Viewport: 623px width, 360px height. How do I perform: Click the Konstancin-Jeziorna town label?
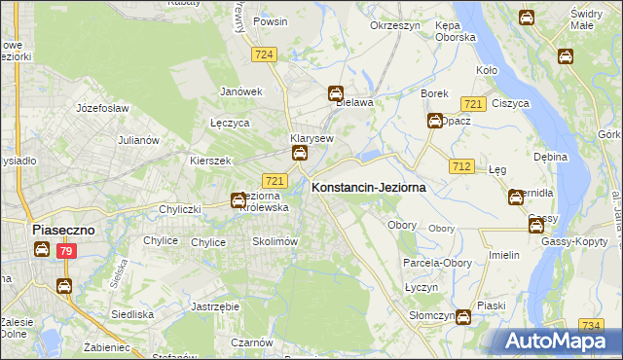(368, 188)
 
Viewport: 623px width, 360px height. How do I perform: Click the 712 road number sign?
(462, 167)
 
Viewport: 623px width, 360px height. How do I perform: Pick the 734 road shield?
(590, 325)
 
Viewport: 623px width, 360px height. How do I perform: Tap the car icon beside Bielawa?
(336, 94)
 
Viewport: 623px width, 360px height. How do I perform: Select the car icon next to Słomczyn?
(463, 316)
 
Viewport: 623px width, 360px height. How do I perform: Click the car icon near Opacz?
(434, 121)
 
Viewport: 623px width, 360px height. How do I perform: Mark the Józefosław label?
(97, 104)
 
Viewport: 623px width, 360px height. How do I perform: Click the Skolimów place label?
(275, 241)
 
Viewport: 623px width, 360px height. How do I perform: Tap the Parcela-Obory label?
(435, 263)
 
